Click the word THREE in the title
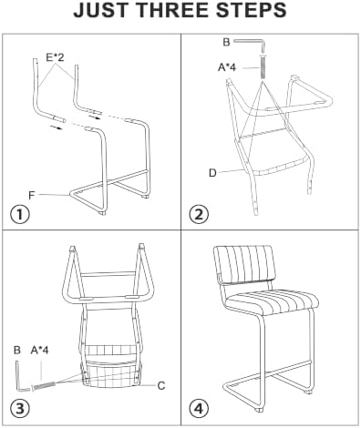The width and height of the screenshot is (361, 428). click(175, 10)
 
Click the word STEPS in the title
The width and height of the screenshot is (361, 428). click(252, 10)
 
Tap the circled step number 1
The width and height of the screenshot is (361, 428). click(20, 215)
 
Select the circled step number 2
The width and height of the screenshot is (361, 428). click(199, 215)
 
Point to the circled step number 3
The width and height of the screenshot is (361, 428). click(20, 409)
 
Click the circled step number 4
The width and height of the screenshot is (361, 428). click(199, 409)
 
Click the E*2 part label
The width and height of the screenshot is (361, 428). click(55, 57)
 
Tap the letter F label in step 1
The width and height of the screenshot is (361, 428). click(31, 196)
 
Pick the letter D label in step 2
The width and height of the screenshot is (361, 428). click(212, 173)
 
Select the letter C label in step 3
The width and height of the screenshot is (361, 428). click(161, 386)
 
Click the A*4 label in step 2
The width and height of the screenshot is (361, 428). click(227, 67)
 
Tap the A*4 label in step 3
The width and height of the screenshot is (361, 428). click(39, 351)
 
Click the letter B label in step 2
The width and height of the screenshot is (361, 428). click(226, 42)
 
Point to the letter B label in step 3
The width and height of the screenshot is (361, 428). click(17, 351)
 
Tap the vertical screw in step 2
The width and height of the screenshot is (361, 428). click(263, 66)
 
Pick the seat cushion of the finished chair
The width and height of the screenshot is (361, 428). click(273, 301)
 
